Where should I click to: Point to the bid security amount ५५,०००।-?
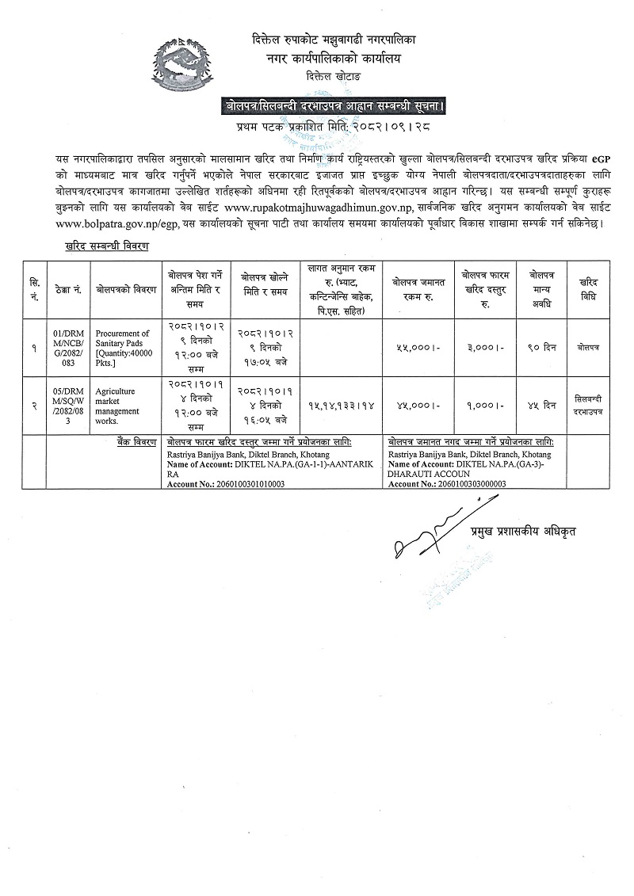coord(418,347)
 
